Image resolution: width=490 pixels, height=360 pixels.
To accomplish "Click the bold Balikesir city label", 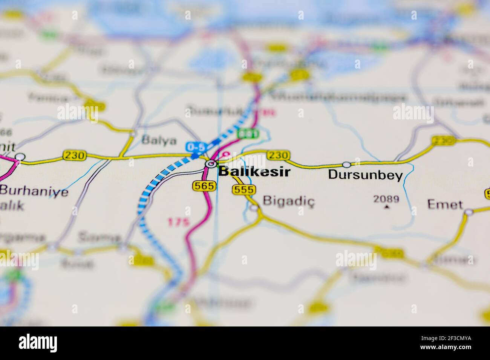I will [x=254, y=172].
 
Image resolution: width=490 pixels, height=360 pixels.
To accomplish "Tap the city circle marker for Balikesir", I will [x=211, y=164].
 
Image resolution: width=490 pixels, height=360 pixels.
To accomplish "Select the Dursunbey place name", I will [x=365, y=175].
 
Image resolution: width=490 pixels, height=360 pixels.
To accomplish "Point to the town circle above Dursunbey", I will [x=346, y=165].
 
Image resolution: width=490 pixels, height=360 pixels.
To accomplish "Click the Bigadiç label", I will [x=288, y=200].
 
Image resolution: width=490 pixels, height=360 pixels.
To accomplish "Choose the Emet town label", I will [x=445, y=204].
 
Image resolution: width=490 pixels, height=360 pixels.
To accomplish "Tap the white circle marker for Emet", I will [x=469, y=212].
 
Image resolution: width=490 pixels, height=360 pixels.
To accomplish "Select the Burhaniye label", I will [x=34, y=191].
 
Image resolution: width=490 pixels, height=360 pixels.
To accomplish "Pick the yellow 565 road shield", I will [x=204, y=185].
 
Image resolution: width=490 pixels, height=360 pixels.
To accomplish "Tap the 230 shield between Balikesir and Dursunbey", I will [x=279, y=155].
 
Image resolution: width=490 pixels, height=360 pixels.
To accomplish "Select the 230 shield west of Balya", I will [x=75, y=155].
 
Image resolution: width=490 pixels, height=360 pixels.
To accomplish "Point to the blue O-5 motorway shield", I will [x=195, y=146].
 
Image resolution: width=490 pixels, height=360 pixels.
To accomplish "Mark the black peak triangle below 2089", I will [x=386, y=206].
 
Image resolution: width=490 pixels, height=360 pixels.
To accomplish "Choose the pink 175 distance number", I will [x=178, y=222].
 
